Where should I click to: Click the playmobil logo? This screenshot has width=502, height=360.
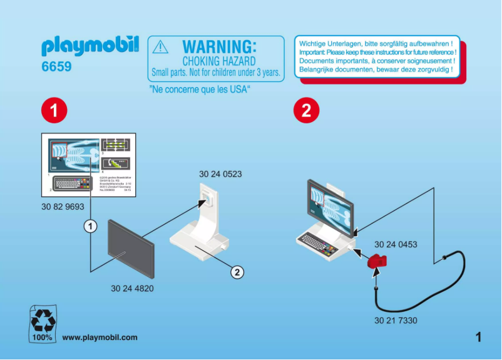point(90,46)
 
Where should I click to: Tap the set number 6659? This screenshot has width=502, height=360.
point(56,66)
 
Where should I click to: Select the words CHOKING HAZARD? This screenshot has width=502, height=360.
point(218,61)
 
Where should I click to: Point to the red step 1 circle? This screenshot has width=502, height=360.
point(54,111)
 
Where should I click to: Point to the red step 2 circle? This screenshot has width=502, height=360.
point(306,111)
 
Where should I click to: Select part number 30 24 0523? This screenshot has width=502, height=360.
point(220,173)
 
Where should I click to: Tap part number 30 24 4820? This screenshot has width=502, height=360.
point(132,289)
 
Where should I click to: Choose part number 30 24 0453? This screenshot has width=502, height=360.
point(396,245)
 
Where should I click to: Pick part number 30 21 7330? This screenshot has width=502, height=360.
point(396,321)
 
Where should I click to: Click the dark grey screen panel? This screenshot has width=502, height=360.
point(132,247)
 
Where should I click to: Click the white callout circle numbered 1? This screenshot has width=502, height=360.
point(91,225)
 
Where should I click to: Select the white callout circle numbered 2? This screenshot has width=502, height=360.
point(237,272)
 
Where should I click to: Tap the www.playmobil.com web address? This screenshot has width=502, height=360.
point(100,337)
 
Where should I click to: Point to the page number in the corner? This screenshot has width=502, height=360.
point(479,337)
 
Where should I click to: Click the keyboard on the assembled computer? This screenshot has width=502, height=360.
point(316,240)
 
